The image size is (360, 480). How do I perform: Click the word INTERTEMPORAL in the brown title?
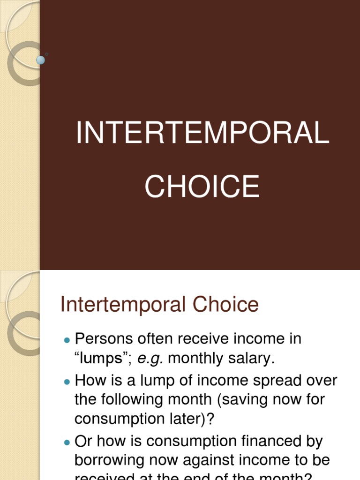pyautogui.click(x=202, y=133)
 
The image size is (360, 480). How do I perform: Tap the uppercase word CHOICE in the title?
pyautogui.click(x=202, y=187)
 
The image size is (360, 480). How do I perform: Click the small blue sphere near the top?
pyautogui.click(x=41, y=60)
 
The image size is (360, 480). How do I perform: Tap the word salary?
pyautogui.click(x=252, y=359)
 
